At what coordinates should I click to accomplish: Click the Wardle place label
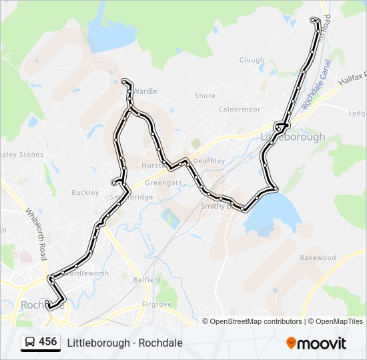pyautogui.click(x=145, y=91)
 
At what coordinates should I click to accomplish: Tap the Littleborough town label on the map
pyautogui.click(x=292, y=137)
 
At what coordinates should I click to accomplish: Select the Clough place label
pyautogui.click(x=252, y=60)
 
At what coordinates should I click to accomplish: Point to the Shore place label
pyautogui.click(x=205, y=96)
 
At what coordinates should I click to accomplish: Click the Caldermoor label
pyautogui.click(x=239, y=109)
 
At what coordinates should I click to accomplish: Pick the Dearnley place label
pyautogui.click(x=209, y=161)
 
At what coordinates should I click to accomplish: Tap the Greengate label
pyautogui.click(x=163, y=182)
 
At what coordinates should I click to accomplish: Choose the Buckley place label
pyautogui.click(x=85, y=193)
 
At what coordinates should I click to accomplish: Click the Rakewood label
pyautogui.click(x=318, y=257)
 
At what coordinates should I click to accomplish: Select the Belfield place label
pyautogui.click(x=147, y=280)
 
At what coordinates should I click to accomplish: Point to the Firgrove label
pyautogui.click(x=158, y=305)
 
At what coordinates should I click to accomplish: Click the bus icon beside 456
pyautogui.click(x=30, y=343)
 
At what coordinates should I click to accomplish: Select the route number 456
pyautogui.click(x=48, y=342)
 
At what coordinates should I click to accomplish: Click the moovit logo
pyautogui.click(x=316, y=343)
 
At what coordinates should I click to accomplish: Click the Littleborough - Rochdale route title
pyautogui.click(x=125, y=343)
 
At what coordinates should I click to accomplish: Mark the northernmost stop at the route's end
pyautogui.click(x=315, y=20)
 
